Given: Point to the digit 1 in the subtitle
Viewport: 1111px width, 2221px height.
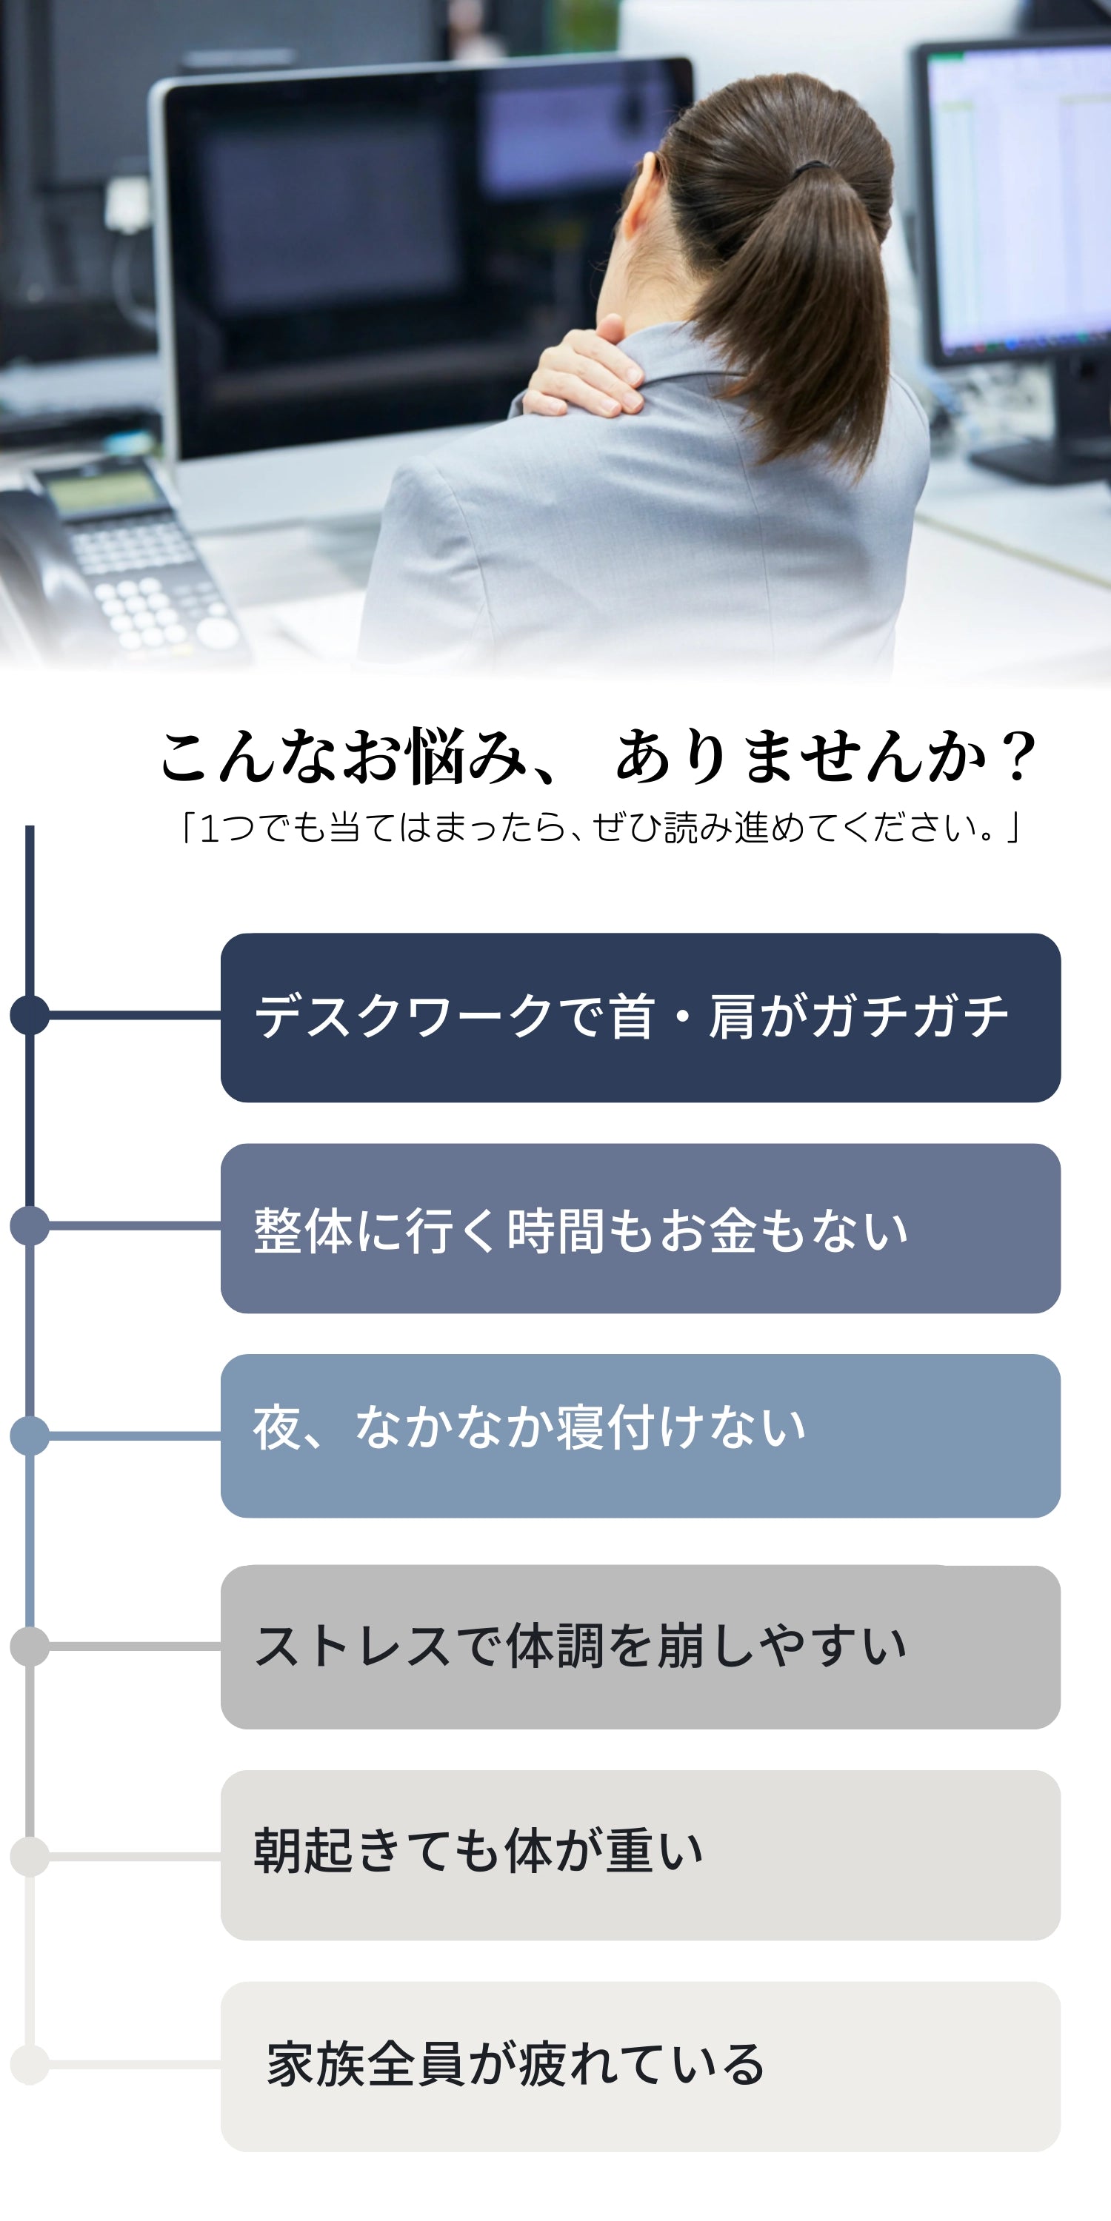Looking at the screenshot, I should pos(209,828).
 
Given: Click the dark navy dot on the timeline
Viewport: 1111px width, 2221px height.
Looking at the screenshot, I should pos(30,1015).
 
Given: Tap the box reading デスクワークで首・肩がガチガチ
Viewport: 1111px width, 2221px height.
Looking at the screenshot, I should pos(640,1017).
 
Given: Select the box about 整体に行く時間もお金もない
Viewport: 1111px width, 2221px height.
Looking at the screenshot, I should pos(640,1229).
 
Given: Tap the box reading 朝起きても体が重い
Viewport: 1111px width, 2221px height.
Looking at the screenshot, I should pos(640,1855).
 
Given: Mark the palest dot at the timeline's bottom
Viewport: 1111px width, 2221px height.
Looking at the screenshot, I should pos(30,2065).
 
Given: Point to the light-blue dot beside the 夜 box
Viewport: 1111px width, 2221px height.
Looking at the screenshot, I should pos(30,1436).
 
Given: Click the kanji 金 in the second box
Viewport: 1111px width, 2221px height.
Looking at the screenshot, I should pos(733,1230).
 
